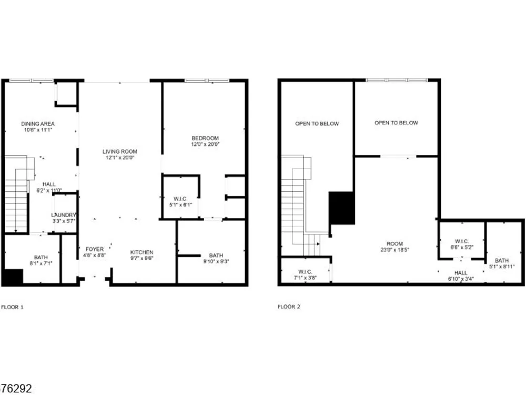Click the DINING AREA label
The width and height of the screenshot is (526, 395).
pyautogui.click(x=38, y=124)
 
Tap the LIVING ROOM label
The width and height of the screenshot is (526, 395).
pyautogui.click(x=120, y=152)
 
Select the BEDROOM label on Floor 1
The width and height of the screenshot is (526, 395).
pyautogui.click(x=205, y=138)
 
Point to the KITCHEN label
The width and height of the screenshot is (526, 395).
pyautogui.click(x=141, y=252)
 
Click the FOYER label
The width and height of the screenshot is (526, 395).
pyautogui.click(x=95, y=249)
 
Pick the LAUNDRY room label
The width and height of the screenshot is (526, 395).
pyautogui.click(x=64, y=215)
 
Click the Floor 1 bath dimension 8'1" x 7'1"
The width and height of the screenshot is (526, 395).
pyautogui.click(x=41, y=264)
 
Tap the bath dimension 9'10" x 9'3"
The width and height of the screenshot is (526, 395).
pyautogui.click(x=216, y=261)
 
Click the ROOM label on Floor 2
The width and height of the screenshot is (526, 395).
pyautogui.click(x=394, y=244)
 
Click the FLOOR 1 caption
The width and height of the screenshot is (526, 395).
pyautogui.click(x=13, y=307)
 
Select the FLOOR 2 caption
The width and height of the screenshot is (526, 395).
pyautogui.click(x=289, y=307)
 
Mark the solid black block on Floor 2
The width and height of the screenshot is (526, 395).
pyautogui.click(x=341, y=208)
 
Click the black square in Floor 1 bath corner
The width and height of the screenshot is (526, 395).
pyautogui.click(x=13, y=277)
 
